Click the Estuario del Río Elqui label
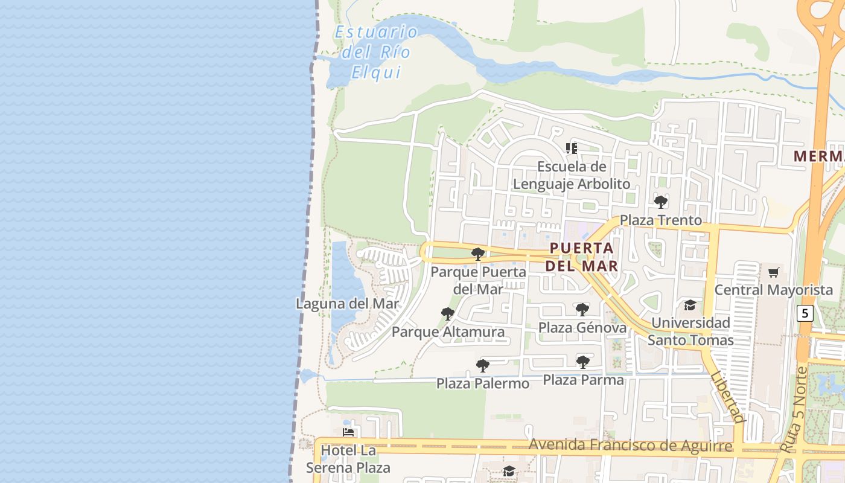click(376, 52)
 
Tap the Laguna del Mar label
click(348, 303)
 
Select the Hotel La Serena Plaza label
click(348, 459)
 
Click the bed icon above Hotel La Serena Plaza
click(348, 432)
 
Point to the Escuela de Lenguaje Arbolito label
click(572, 175)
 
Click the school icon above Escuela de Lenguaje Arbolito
click(572, 148)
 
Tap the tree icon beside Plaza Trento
click(661, 202)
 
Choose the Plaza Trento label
click(661, 220)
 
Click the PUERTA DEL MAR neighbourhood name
click(582, 257)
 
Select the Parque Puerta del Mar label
click(478, 280)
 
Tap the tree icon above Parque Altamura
click(448, 313)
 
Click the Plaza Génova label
click(582, 328)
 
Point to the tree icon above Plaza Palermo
click(483, 365)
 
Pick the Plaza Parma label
click(583, 380)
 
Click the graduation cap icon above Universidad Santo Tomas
click(690, 305)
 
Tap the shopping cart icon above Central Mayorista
click(774, 272)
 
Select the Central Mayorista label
click(774, 290)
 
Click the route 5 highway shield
click(805, 313)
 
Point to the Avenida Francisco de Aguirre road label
click(631, 446)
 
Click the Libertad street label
click(727, 397)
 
